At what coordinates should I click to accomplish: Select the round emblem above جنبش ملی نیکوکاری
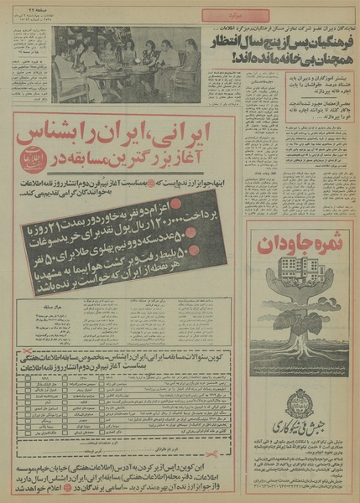click(300, 404)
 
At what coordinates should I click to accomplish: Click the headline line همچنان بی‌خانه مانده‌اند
click(293, 57)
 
